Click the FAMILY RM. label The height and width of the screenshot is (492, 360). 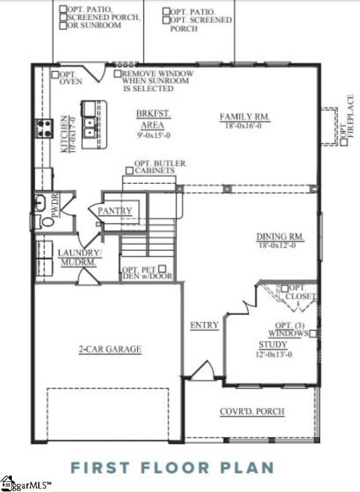point(245,116)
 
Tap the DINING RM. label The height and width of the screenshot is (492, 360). point(281,237)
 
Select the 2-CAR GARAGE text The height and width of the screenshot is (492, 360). point(110,349)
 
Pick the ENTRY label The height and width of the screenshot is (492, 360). point(204,325)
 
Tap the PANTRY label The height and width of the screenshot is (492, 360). point(115,211)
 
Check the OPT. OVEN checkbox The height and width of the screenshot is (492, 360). point(55,74)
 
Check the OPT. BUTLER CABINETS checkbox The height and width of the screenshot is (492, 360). point(130,170)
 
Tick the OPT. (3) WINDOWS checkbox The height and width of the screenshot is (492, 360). point(313,333)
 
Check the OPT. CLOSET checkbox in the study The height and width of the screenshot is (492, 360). point(284,288)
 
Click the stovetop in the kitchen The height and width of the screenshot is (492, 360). point(46,128)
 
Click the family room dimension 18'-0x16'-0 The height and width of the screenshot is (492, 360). point(245,125)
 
